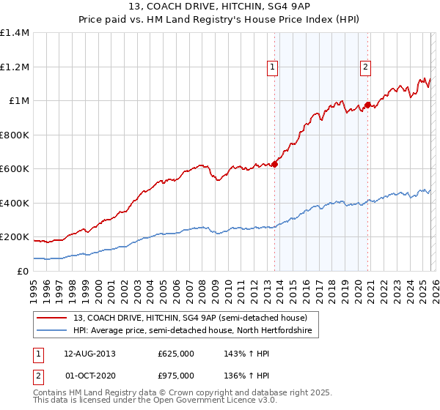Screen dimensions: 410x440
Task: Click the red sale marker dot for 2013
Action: pos(274,164)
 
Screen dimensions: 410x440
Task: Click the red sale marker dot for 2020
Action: pos(367,105)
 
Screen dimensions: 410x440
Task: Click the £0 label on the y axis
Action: pos(22,271)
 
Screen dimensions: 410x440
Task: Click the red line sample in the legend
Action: pos(53,318)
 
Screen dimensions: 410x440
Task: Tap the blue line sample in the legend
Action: pos(53,331)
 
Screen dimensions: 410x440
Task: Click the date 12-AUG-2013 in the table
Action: pos(89,354)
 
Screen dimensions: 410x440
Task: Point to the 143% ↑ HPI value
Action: pos(242,354)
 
